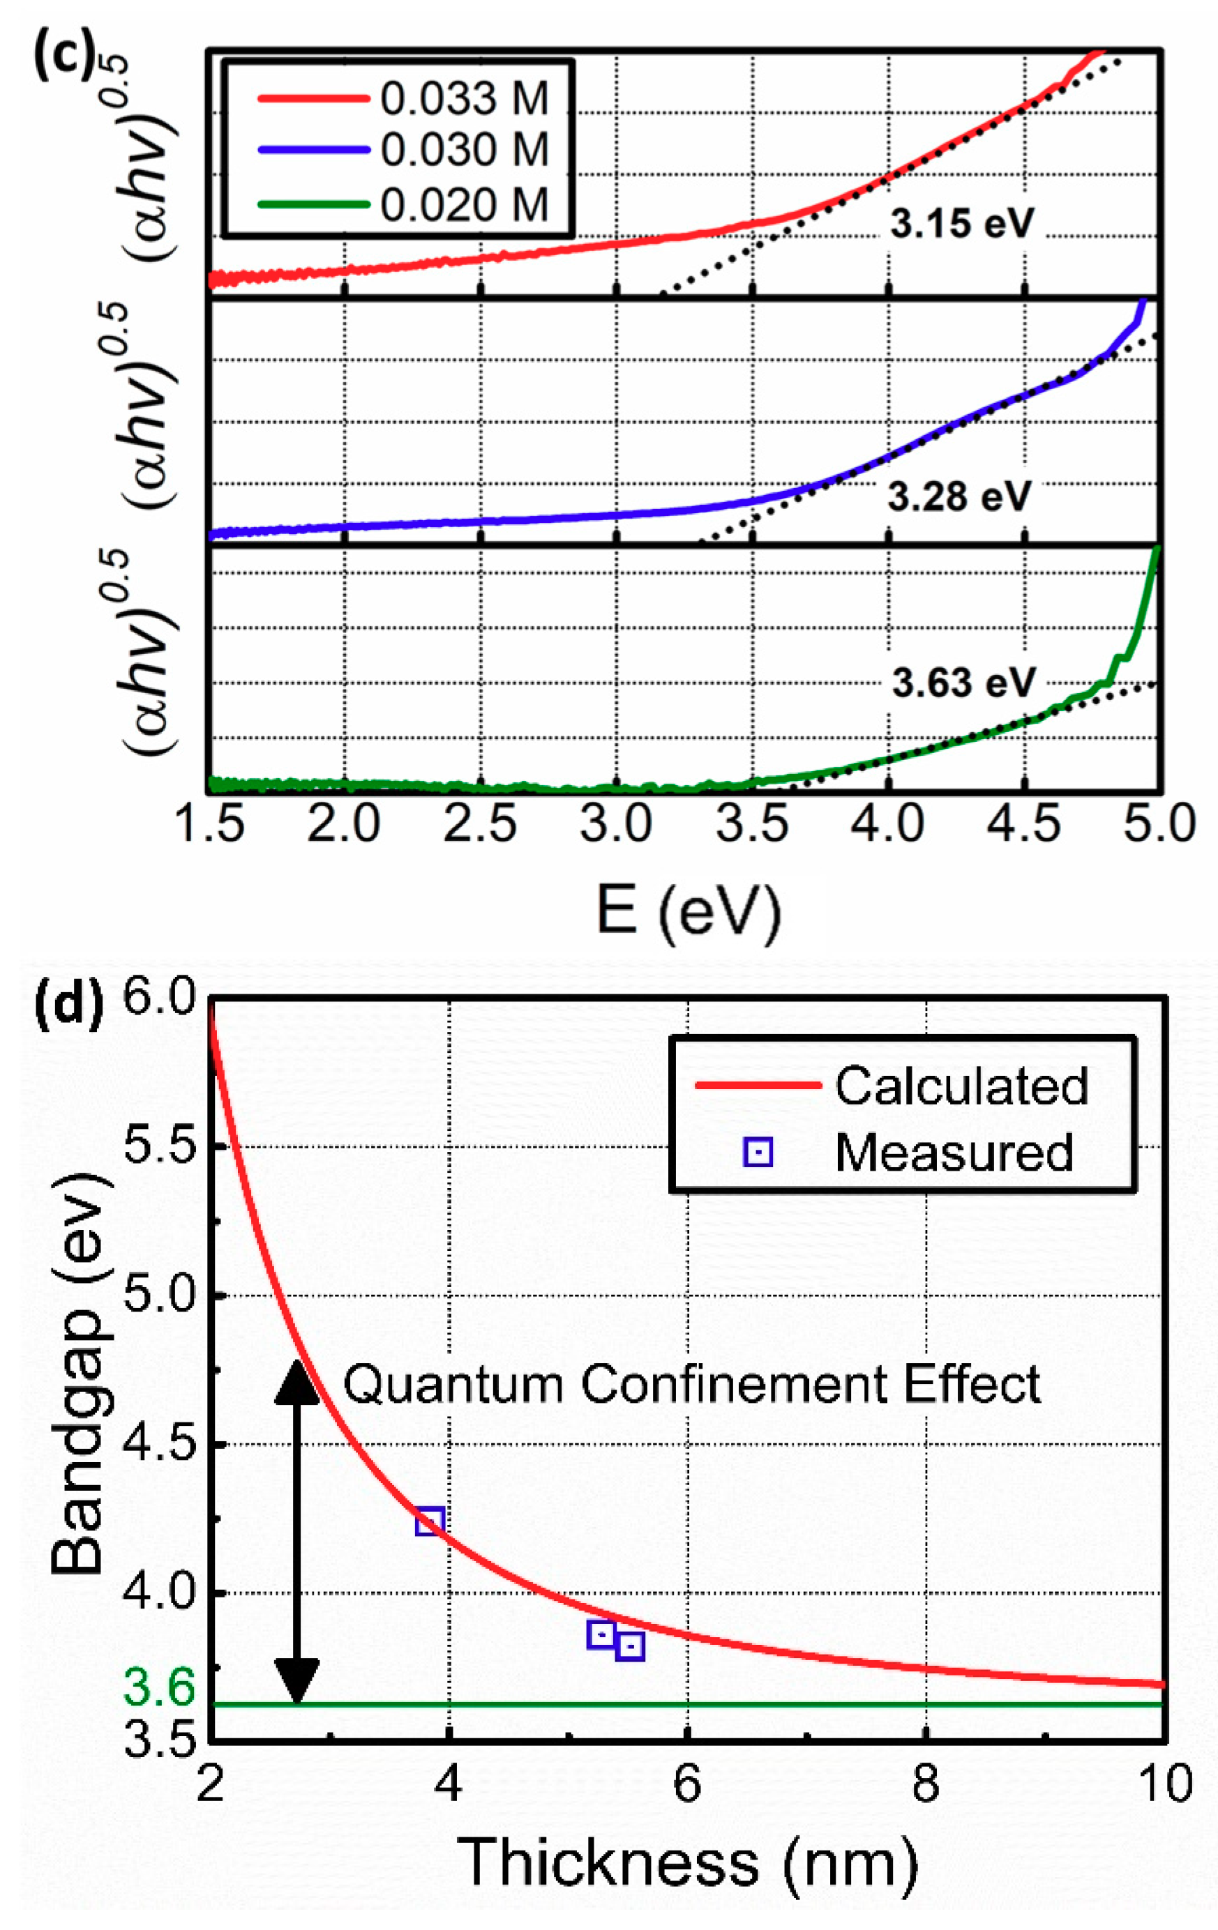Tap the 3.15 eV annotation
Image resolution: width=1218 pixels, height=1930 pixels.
(962, 224)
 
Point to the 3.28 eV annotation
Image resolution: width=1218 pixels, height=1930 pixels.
(959, 497)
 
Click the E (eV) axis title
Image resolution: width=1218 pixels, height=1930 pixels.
(688, 911)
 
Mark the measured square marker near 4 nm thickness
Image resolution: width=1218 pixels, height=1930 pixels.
(430, 1521)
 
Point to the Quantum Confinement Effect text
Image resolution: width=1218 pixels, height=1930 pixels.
(691, 1384)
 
